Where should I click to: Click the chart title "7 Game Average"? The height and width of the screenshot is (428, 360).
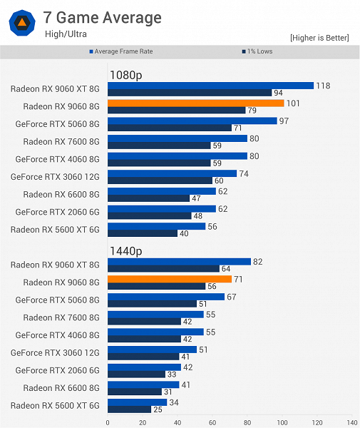[x=103, y=17]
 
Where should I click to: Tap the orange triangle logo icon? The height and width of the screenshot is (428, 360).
[x=21, y=23]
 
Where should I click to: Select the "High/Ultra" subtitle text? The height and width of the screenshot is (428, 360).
[x=67, y=33]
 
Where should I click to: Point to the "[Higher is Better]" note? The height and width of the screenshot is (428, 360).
[x=319, y=37]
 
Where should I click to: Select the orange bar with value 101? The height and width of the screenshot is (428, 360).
[x=195, y=103]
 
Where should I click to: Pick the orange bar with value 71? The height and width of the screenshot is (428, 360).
[x=169, y=279]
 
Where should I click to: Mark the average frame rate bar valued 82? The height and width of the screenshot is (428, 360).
[x=179, y=262]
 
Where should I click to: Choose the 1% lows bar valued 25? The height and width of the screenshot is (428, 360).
[x=129, y=409]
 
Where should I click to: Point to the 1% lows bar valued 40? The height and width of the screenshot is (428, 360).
[x=143, y=233]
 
